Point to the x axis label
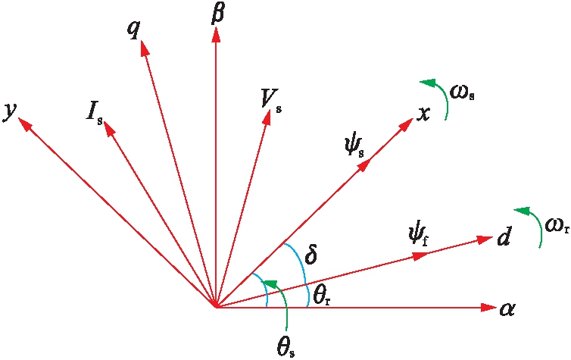(424, 114)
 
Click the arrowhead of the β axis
(216, 33)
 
